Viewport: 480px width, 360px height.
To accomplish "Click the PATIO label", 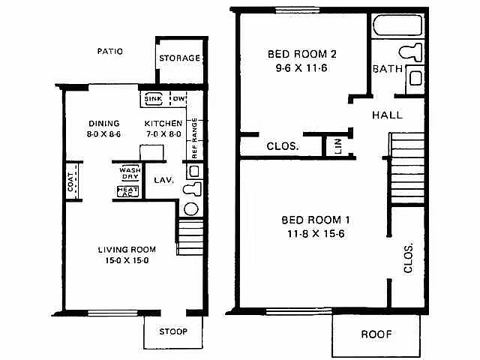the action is click(110, 51).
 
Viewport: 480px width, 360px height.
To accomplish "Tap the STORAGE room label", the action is click(180, 58).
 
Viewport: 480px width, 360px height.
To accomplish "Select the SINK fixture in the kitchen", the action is click(153, 99).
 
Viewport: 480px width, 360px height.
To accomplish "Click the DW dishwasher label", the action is click(179, 98).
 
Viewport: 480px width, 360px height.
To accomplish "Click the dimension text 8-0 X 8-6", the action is click(103, 134).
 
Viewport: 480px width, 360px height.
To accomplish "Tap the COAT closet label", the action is click(70, 181).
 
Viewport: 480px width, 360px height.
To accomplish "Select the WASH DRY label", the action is click(130, 173).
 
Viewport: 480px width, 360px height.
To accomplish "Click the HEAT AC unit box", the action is click(127, 192).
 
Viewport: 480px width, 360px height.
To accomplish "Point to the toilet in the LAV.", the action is click(192, 189).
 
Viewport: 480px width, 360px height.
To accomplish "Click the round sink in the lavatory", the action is click(191, 209).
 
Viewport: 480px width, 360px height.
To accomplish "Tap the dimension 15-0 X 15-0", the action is click(127, 260).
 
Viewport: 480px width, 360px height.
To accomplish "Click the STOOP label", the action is click(173, 331).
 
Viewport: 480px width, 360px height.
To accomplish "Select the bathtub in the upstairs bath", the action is click(397, 25).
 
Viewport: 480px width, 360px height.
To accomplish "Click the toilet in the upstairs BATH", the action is click(411, 52).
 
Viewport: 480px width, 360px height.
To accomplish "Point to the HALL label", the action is click(387, 115).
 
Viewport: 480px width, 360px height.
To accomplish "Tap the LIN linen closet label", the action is click(338, 146).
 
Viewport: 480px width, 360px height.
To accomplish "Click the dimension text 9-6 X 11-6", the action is click(301, 68).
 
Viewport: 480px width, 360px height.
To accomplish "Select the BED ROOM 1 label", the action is click(316, 220).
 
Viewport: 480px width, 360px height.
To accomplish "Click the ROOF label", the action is click(376, 334).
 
